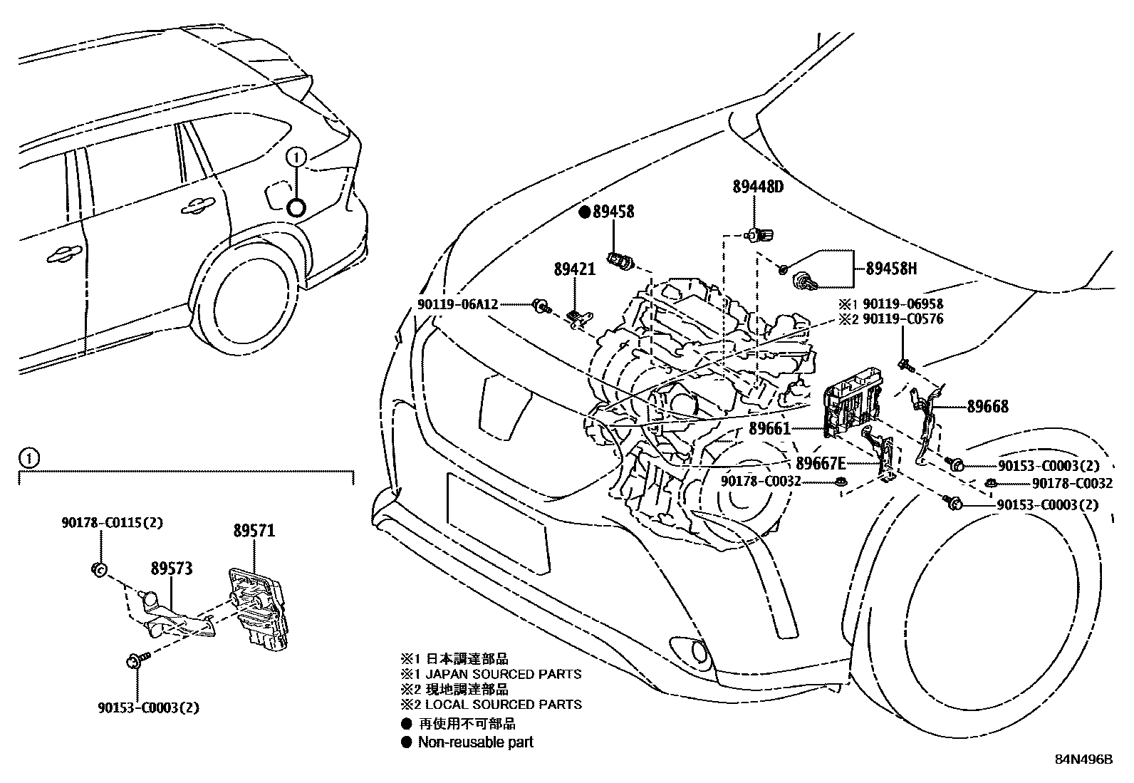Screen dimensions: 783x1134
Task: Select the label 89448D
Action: [x=758, y=187]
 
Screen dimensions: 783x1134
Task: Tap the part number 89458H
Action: [x=891, y=269]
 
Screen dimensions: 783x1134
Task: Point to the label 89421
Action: [x=574, y=269]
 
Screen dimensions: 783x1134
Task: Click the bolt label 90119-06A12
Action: [x=458, y=304]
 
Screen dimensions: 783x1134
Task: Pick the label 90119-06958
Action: [x=902, y=304]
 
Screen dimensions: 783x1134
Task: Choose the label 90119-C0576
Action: [x=902, y=318]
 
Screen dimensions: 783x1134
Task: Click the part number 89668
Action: [x=987, y=407]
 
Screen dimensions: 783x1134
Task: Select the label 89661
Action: [x=769, y=429]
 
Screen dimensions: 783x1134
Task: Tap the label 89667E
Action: [x=821, y=462]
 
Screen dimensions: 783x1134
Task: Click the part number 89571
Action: [x=254, y=531]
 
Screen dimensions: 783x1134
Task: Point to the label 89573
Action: [x=171, y=569]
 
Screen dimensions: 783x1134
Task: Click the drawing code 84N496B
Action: [x=1083, y=759]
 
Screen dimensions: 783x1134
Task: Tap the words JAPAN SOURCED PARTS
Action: [x=499, y=674]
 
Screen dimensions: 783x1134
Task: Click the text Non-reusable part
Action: [x=475, y=742]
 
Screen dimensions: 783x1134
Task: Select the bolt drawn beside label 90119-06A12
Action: [x=541, y=307]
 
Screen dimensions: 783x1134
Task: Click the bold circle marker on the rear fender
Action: [x=296, y=207]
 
